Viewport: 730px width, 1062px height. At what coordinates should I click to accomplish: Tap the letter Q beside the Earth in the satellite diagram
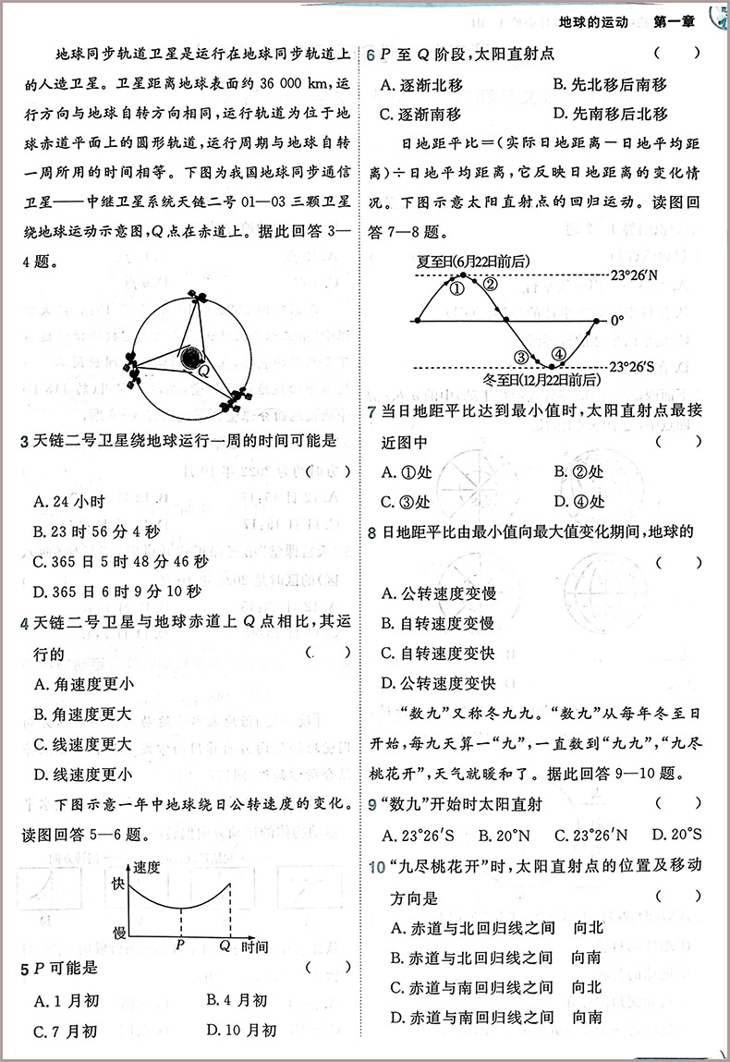tap(203, 372)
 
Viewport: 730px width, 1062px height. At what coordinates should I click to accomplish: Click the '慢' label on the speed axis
tap(118, 932)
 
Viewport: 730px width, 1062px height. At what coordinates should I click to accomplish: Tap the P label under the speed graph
tap(180, 947)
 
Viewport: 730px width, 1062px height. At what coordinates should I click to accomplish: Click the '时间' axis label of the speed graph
tap(254, 947)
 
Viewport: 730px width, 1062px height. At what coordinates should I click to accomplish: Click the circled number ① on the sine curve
tap(456, 287)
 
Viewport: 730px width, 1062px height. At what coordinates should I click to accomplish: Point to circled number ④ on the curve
tap(557, 354)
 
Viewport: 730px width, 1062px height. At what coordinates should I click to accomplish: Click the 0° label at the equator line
tap(617, 321)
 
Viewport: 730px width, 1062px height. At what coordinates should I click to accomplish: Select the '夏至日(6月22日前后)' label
tap(474, 262)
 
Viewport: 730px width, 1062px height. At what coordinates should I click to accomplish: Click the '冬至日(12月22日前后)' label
tap(541, 380)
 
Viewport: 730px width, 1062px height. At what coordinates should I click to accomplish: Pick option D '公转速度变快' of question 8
tap(439, 684)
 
